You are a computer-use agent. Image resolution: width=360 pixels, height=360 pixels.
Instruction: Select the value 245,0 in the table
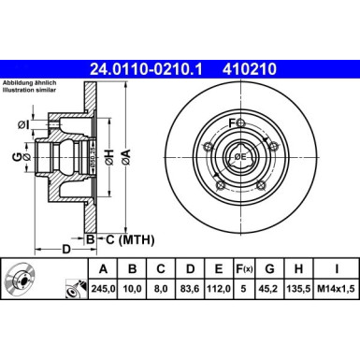[100, 291]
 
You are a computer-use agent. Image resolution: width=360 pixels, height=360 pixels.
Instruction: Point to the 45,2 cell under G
[272, 291]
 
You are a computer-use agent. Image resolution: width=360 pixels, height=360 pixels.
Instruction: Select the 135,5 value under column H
[301, 291]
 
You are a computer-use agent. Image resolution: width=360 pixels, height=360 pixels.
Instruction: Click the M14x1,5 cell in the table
[336, 291]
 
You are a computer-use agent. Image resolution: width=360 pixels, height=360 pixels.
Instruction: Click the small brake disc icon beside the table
[21, 281]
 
